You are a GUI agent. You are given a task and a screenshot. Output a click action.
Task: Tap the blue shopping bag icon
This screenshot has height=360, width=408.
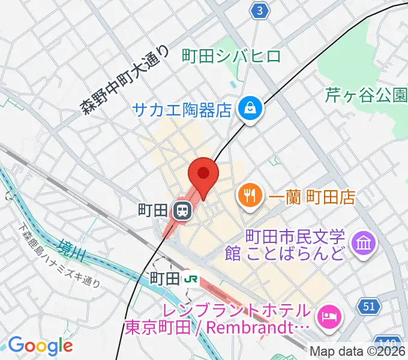pyautogui.click(x=247, y=109)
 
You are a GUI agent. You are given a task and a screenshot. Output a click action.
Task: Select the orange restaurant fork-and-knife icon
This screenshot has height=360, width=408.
pyautogui.click(x=247, y=195)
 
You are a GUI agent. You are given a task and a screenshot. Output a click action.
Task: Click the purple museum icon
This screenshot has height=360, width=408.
pyautogui.click(x=364, y=243)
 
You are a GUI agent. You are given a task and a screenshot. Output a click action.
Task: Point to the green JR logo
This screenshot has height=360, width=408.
pyautogui.click(x=191, y=278)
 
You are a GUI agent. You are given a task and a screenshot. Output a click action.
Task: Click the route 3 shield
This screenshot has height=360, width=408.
pyautogui.click(x=259, y=11)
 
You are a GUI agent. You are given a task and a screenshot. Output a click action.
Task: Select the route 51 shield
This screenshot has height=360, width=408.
pyautogui.click(x=371, y=307)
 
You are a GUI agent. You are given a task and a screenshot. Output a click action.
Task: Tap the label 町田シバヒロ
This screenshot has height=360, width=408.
pyautogui.click(x=231, y=57)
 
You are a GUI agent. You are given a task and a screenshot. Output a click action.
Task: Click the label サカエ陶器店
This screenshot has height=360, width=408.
pyautogui.click(x=182, y=110)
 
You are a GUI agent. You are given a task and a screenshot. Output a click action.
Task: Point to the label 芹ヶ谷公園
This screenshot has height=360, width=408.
pyautogui.click(x=366, y=94)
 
